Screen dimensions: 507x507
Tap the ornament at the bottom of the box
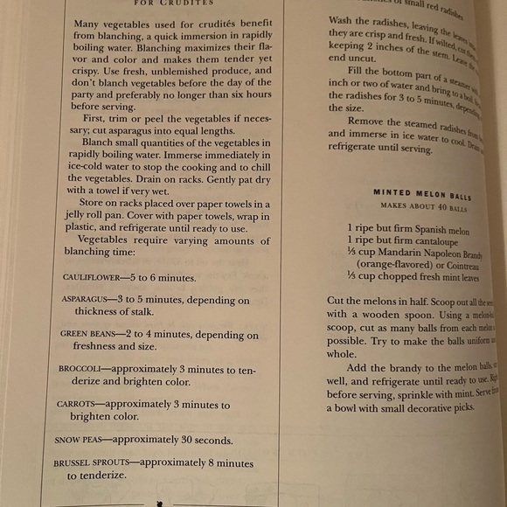pyautogui.click(x=160, y=502)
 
